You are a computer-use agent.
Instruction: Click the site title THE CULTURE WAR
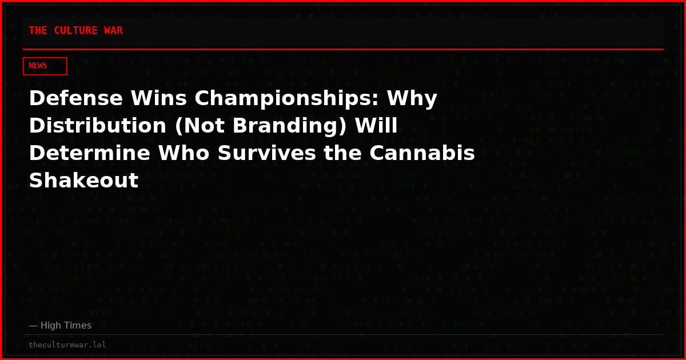(x=75, y=31)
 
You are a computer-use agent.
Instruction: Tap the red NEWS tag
(x=45, y=66)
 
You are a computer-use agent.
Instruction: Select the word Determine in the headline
(x=89, y=154)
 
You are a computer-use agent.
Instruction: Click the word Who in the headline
(x=184, y=154)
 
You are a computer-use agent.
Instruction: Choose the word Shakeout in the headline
(x=83, y=181)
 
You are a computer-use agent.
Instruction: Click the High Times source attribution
(x=60, y=326)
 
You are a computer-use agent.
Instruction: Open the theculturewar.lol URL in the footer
(x=67, y=345)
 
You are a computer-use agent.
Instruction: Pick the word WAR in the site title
(x=113, y=31)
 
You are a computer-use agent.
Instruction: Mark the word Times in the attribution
(x=77, y=326)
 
